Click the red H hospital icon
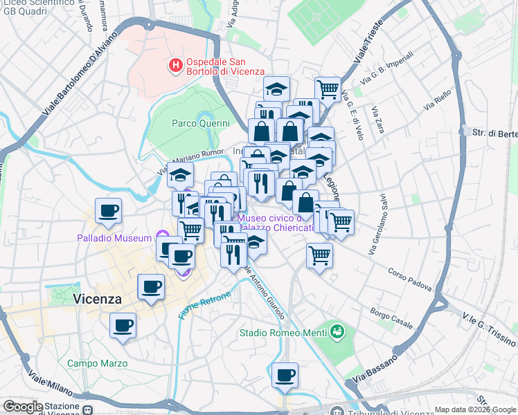[176, 66]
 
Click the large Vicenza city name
[97, 299]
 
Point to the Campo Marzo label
[97, 363]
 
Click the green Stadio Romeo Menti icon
[337, 332]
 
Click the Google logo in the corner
[23, 407]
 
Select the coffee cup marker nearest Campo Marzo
[123, 324]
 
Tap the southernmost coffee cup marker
[285, 376]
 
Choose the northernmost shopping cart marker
[328, 88]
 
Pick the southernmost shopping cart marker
[319, 255]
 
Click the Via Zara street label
[378, 120]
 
